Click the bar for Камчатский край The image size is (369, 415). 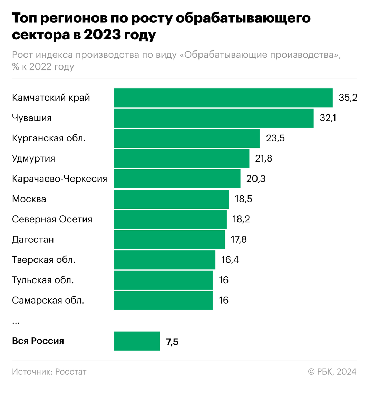223,98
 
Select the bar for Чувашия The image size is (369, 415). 213,118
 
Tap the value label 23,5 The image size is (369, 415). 275,138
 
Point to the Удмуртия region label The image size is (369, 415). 33,158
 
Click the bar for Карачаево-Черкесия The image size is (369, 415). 177,179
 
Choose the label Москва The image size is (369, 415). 29,199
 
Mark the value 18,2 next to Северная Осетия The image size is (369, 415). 241,219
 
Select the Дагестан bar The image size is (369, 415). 169,240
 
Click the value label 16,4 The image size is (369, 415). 230,260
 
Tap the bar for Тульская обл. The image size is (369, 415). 163,280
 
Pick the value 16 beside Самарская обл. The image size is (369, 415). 224,300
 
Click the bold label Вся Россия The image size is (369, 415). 38,341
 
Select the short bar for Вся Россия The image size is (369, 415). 137,341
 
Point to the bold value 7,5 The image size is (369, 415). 172,342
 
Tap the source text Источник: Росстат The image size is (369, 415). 49,372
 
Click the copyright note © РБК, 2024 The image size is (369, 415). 332,372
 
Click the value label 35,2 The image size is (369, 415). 348,98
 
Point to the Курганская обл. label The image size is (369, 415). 49,138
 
